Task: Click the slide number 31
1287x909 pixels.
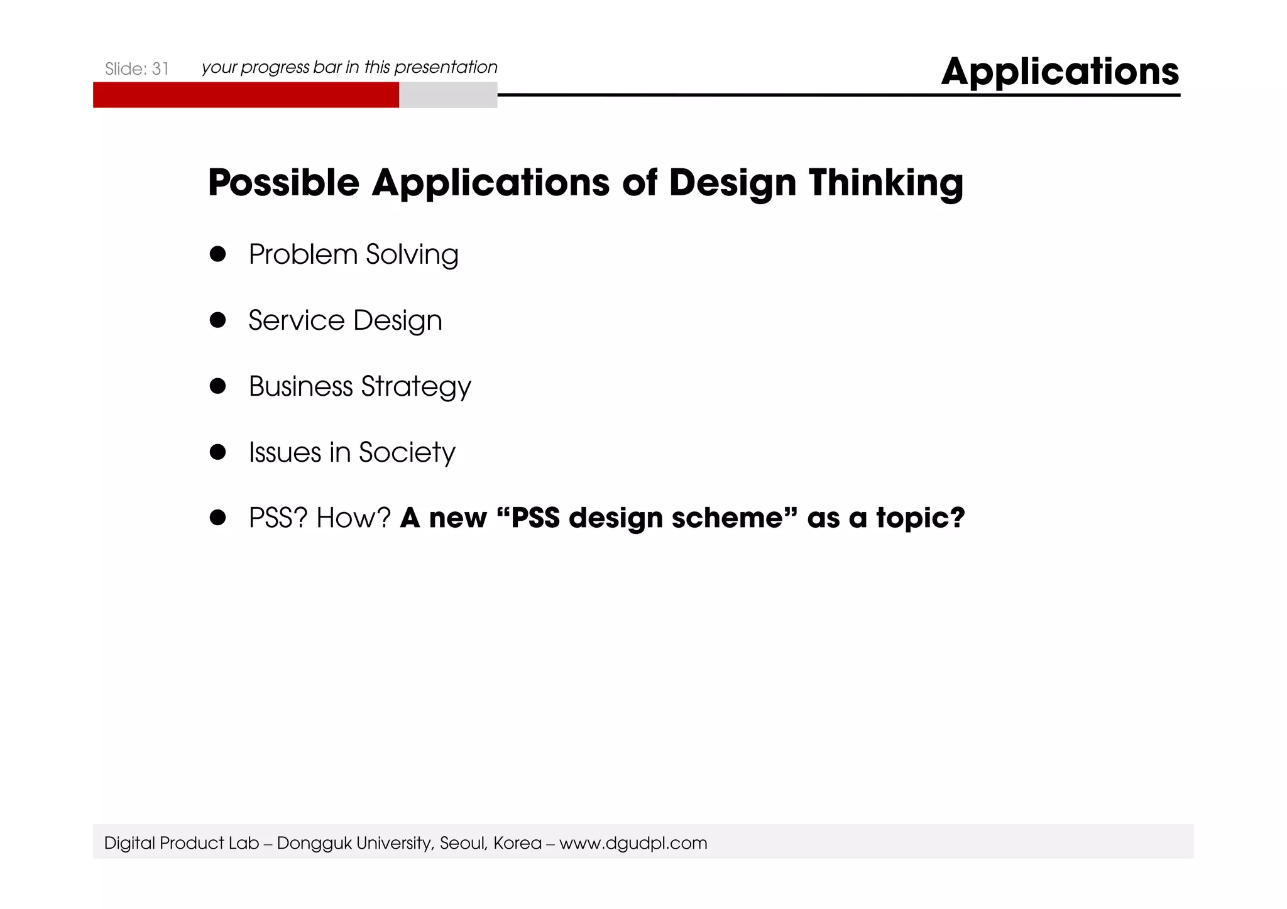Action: pyautogui.click(x=160, y=69)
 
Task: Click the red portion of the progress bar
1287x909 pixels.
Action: pyautogui.click(x=246, y=95)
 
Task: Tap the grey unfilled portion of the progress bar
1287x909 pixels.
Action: pyautogui.click(x=448, y=95)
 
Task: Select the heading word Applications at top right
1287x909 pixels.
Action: pyautogui.click(x=1060, y=72)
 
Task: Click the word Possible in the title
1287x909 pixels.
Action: pyautogui.click(x=283, y=183)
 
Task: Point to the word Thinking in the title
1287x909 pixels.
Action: pyautogui.click(x=886, y=183)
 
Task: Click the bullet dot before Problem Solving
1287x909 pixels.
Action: pyautogui.click(x=217, y=254)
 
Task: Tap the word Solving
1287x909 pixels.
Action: pyautogui.click(x=412, y=255)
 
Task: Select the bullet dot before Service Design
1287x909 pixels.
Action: pyautogui.click(x=217, y=320)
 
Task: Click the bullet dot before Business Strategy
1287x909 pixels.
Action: pyautogui.click(x=217, y=386)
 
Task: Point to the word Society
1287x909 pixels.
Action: pyautogui.click(x=407, y=453)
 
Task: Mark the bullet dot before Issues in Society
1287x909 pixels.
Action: pyautogui.click(x=217, y=452)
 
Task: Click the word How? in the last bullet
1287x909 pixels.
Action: pyautogui.click(x=354, y=518)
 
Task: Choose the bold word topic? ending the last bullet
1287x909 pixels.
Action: pyautogui.click(x=921, y=518)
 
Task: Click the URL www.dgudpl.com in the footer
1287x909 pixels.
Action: pyautogui.click(x=633, y=843)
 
